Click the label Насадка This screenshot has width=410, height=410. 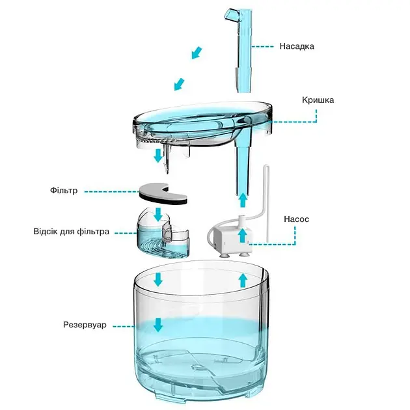(297, 46)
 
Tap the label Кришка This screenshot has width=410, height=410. (318, 100)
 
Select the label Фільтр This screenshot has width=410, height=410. (64, 190)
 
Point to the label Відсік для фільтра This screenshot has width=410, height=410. (71, 232)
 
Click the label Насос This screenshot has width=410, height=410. (296, 219)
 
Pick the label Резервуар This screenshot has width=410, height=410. (85, 325)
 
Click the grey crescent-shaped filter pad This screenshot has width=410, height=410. (163, 194)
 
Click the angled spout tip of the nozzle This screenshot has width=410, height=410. (230, 16)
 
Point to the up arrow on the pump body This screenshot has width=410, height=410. (243, 236)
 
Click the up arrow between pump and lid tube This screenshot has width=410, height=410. (243, 200)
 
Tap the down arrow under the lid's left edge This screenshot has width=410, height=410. (158, 156)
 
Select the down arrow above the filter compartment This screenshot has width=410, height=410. (158, 215)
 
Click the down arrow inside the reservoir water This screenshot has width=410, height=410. (158, 325)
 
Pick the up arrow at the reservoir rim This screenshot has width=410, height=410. (243, 280)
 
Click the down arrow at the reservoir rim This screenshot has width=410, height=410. (158, 280)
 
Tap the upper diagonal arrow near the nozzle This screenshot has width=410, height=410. (197, 53)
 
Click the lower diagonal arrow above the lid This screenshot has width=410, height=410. (180, 85)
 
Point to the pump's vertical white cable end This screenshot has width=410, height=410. (266, 166)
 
